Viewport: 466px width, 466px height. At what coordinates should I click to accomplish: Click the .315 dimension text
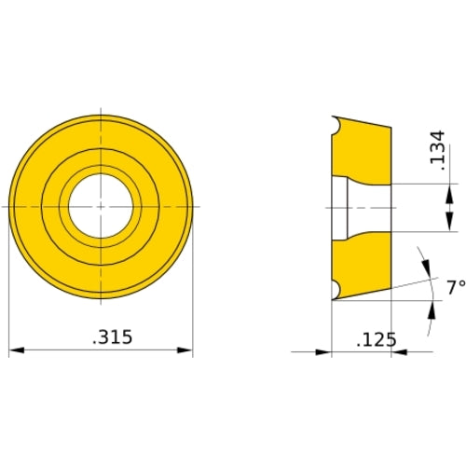[113, 336]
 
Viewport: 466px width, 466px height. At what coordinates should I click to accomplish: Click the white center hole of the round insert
[101, 205]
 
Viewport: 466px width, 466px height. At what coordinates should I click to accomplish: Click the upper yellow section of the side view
[359, 149]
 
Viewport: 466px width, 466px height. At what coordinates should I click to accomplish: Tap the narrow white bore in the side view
[339, 206]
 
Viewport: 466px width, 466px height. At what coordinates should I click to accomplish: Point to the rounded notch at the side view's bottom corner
[335, 290]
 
